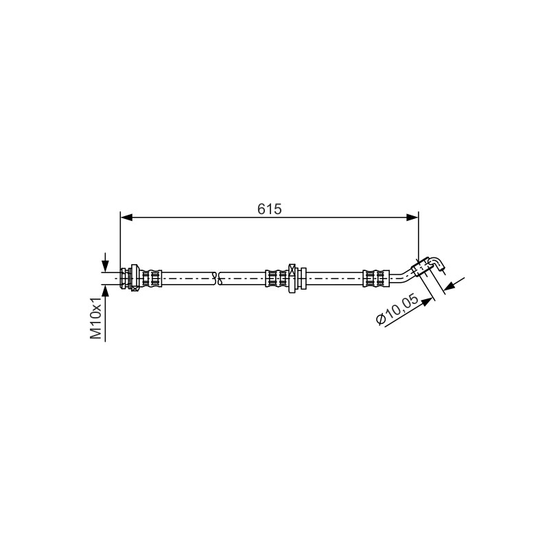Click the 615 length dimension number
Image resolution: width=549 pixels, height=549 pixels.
269,209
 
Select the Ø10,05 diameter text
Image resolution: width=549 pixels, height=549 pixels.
397,309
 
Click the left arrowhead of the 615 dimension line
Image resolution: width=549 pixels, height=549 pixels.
126,218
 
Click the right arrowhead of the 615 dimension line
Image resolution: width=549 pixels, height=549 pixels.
412,218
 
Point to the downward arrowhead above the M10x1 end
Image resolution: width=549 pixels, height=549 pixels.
105,266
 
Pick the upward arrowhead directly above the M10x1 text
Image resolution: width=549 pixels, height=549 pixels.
105,290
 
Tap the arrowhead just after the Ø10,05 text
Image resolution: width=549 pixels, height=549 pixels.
427,301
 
